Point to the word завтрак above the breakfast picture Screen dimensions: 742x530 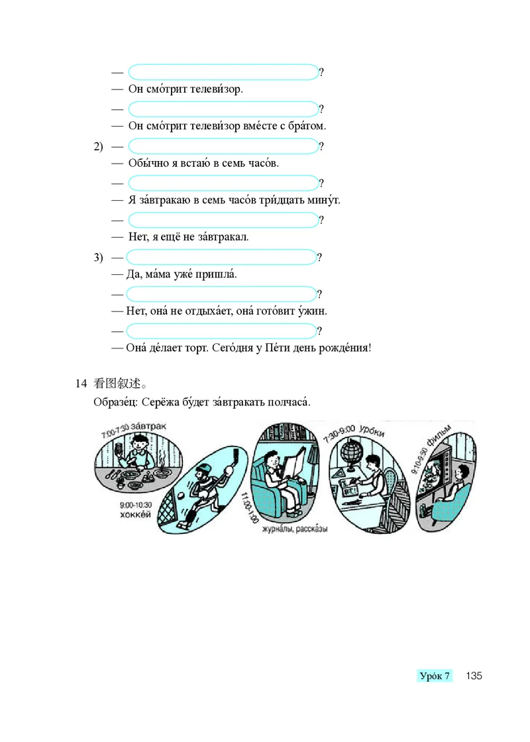[x=149, y=424]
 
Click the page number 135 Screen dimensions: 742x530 [x=473, y=676]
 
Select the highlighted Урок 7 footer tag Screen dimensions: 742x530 [x=435, y=676]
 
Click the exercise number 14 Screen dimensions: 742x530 [x=81, y=383]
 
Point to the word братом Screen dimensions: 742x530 [x=306, y=125]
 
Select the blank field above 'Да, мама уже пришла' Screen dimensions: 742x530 [x=221, y=257]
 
